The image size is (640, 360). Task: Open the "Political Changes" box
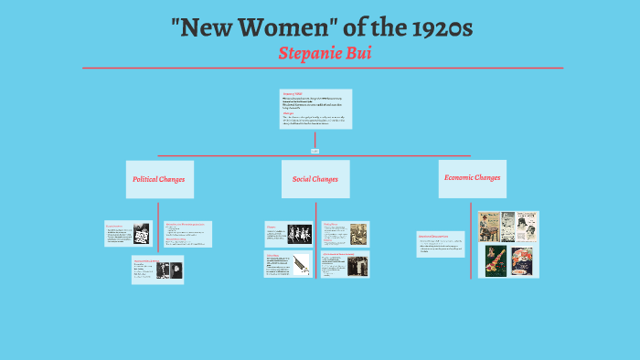coord(159,179)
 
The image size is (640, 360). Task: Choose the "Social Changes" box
coord(315,179)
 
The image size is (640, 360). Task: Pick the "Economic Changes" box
coord(472,178)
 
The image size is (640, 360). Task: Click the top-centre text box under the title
coord(315,109)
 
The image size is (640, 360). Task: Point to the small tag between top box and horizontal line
coord(315,149)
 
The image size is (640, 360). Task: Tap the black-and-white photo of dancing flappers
coord(300,234)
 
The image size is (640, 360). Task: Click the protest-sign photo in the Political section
coord(142,233)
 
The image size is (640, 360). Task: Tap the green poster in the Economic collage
coord(496,261)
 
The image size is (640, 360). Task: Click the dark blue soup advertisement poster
coord(522,261)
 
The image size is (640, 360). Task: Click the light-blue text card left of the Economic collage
coord(441,244)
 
